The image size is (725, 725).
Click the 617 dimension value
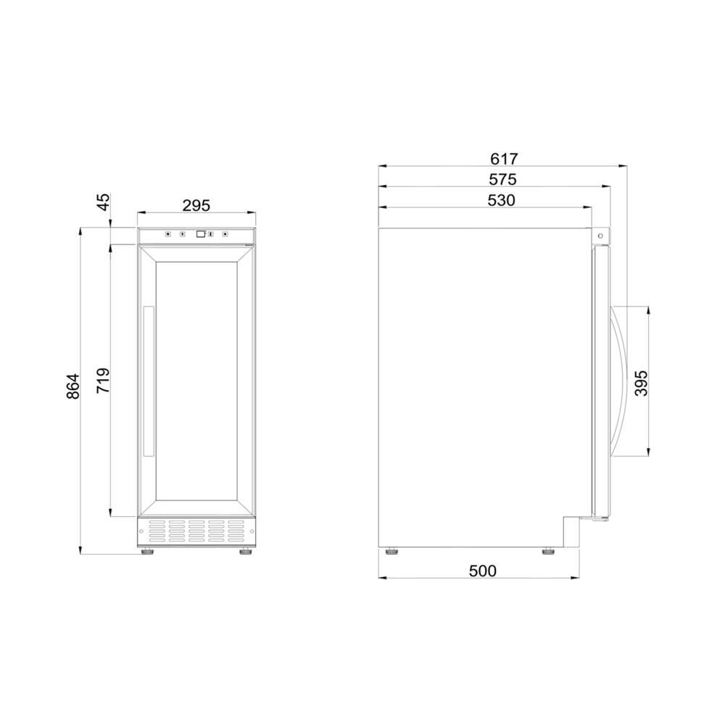point(504,159)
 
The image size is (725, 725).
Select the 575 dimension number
point(502,179)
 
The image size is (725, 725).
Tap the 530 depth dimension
point(501,200)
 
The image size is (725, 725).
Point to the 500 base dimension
point(483,571)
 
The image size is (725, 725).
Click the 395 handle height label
point(642,383)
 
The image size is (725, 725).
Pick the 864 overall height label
point(73,386)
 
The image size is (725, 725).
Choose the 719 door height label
point(103,381)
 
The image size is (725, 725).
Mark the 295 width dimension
point(196,205)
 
